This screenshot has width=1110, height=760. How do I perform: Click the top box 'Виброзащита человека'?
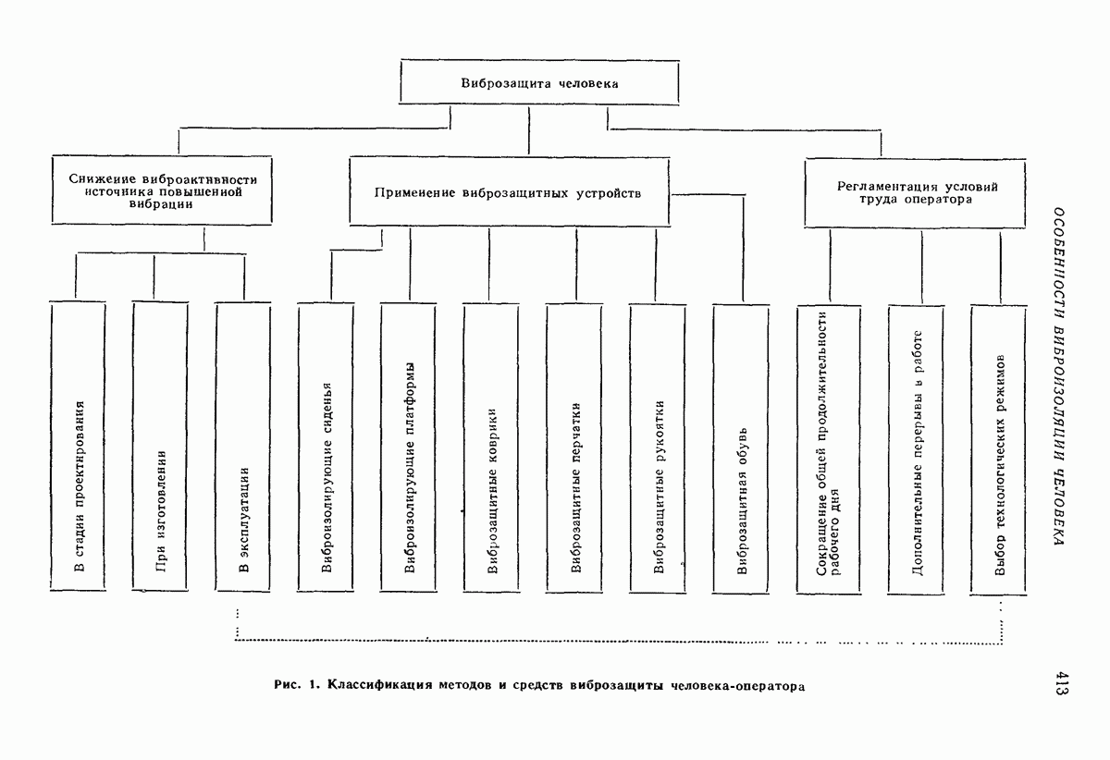(539, 83)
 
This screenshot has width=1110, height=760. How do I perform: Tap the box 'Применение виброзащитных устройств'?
(508, 193)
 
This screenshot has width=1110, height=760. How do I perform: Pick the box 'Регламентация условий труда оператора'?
(917, 192)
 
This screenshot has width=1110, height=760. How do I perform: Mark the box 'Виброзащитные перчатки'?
(574, 447)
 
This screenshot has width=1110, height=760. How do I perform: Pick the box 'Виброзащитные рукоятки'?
(658, 447)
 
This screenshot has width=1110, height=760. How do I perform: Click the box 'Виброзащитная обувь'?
(741, 447)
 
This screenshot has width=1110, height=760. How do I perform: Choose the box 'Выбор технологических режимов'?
(999, 447)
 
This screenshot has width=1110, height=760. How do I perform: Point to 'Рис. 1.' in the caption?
(297, 687)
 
